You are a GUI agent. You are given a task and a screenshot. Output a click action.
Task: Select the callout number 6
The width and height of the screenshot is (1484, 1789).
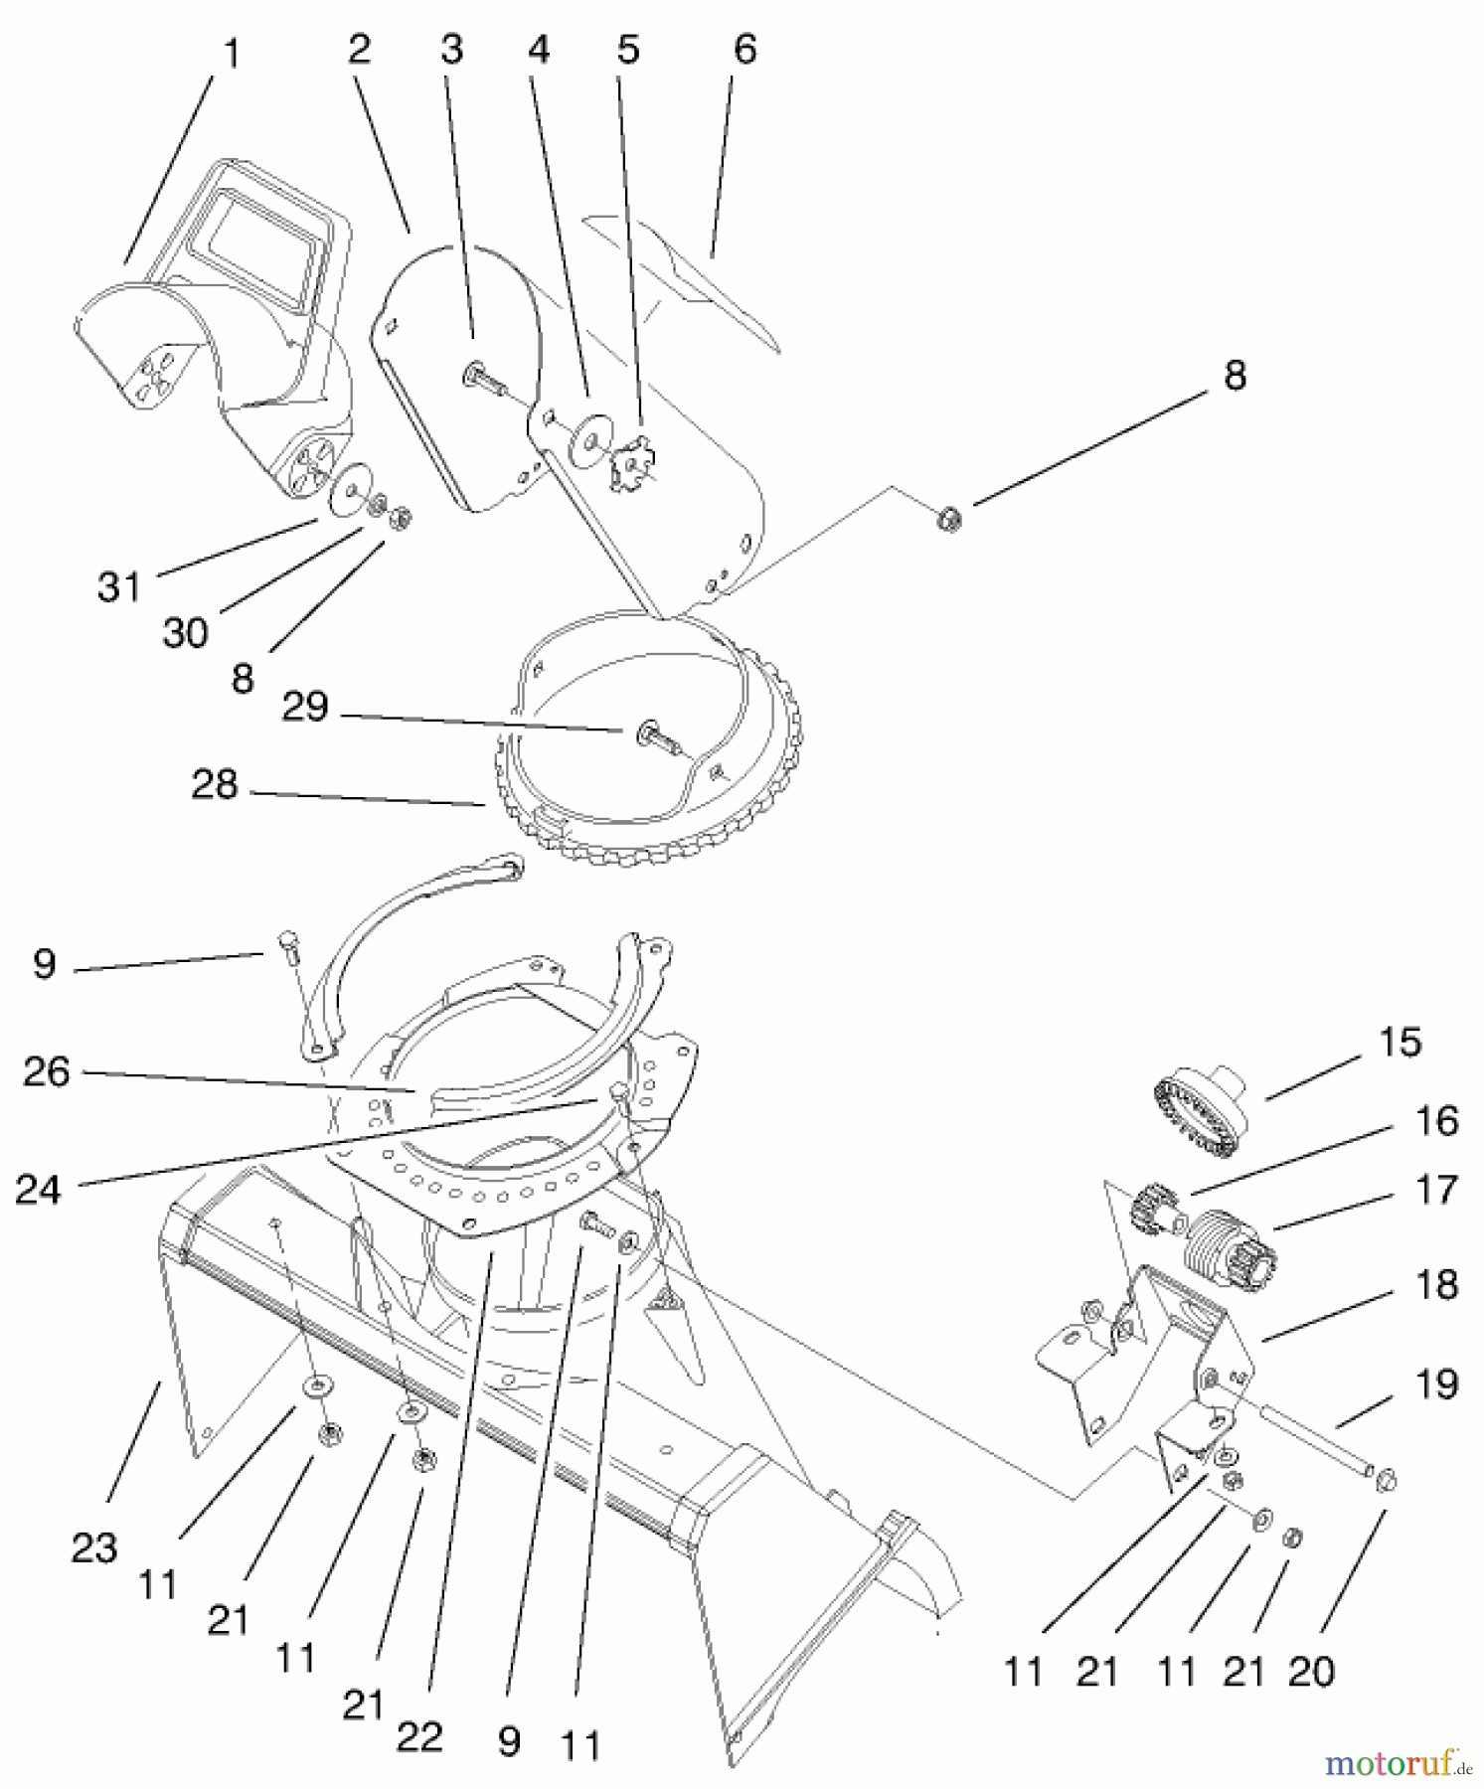(744, 49)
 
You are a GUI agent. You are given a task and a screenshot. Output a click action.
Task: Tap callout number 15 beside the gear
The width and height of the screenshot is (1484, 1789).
(1400, 1043)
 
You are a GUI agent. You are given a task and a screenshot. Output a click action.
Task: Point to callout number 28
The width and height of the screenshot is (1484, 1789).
(215, 785)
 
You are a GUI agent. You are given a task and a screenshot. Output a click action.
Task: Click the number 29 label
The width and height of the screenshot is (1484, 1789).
(304, 707)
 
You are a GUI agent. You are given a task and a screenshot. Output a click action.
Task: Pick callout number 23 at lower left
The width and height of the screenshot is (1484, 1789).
(94, 1547)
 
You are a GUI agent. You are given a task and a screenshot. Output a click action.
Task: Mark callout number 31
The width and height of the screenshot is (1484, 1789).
(119, 586)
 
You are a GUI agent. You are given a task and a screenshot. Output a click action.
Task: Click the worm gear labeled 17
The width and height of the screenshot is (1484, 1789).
(1233, 1245)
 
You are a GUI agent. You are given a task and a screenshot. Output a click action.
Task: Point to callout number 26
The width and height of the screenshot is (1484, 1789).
(47, 1071)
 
